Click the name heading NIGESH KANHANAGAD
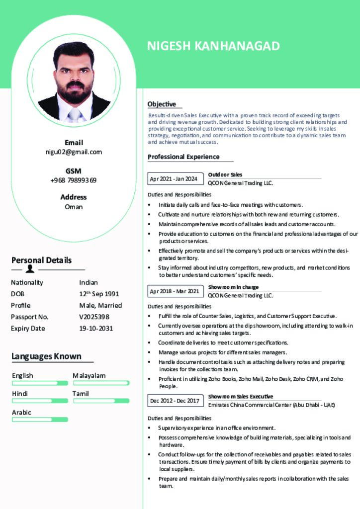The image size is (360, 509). click(x=213, y=46)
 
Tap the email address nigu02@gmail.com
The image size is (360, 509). click(x=74, y=152)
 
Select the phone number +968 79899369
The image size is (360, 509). click(x=74, y=180)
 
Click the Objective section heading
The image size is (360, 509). click(x=162, y=104)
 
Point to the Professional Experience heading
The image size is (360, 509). click(x=183, y=157)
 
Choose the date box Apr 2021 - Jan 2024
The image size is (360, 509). click(x=174, y=178)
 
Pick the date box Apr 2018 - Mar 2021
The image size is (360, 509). click(x=174, y=291)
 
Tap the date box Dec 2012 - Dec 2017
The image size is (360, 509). click(x=174, y=400)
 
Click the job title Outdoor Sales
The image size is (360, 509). click(x=225, y=174)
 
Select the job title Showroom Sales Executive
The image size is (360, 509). click(x=240, y=396)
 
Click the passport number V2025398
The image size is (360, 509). click(x=94, y=317)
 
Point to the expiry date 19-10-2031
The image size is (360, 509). click(x=96, y=328)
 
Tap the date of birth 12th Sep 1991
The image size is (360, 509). click(x=99, y=294)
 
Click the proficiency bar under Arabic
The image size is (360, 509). click(x=40, y=420)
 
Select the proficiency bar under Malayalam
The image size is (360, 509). click(x=101, y=383)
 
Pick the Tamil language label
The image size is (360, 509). click(x=81, y=393)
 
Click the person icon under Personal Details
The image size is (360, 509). click(x=30, y=269)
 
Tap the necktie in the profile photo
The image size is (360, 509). click(x=74, y=115)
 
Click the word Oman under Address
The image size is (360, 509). click(x=74, y=207)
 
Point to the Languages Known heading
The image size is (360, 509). click(x=46, y=356)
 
